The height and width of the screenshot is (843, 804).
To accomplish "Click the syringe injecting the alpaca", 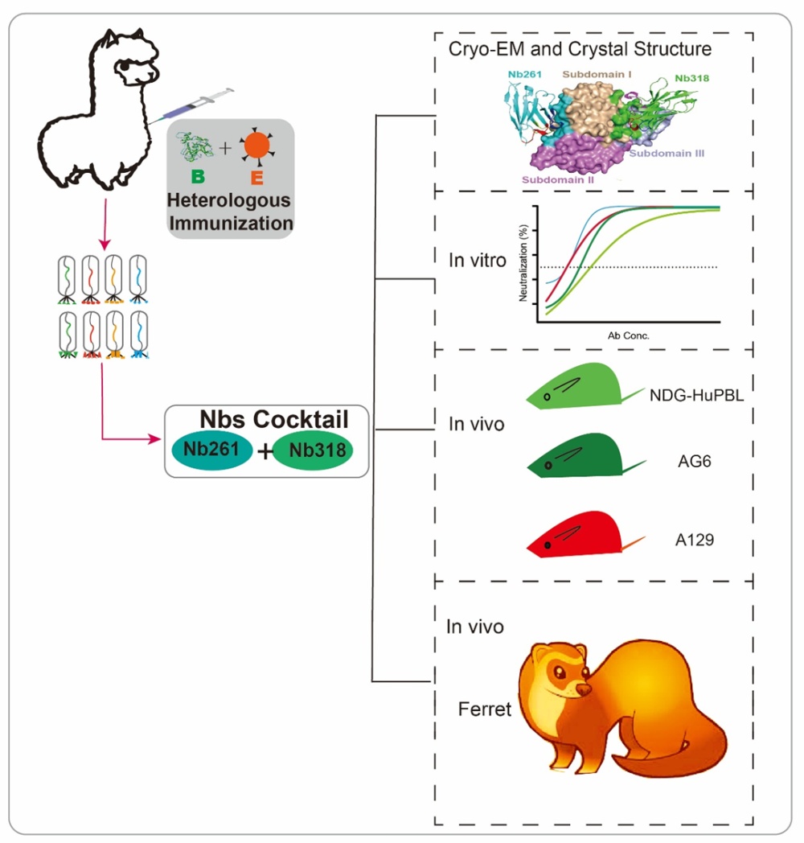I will (x=202, y=104).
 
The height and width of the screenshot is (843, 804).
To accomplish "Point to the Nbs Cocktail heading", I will (x=274, y=419).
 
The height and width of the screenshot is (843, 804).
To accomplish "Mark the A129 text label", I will (x=695, y=540).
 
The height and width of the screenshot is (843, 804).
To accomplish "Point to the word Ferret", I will (x=485, y=709).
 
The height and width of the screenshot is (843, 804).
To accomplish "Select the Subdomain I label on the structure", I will (x=599, y=74).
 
